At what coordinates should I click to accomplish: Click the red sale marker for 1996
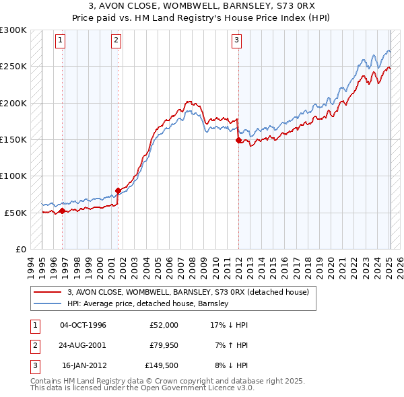point(62,211)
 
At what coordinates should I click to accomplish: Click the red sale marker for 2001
point(118,190)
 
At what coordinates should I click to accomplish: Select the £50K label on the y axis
point(15,213)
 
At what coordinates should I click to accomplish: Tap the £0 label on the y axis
point(20,249)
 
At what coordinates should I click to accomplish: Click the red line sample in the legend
point(48,292)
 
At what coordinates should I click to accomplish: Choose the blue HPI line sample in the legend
point(48,303)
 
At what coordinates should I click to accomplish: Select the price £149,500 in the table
point(161,367)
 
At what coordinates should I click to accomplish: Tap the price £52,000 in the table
point(164,325)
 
